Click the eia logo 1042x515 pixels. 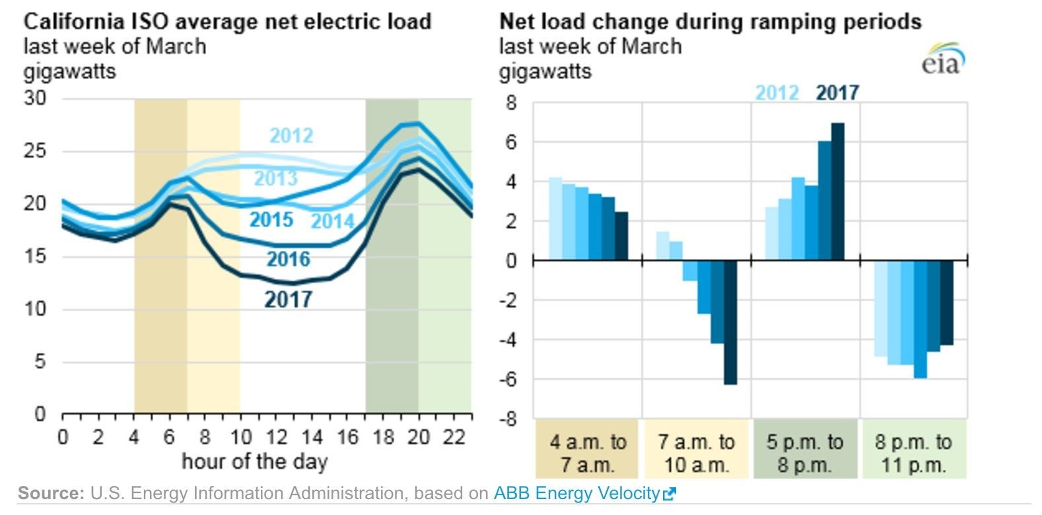pos(944,59)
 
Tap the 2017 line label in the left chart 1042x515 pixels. pos(288,300)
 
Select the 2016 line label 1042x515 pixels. pos(288,259)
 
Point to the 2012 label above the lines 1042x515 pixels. pos(291,135)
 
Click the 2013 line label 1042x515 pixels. pos(275,178)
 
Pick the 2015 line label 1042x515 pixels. pos(271,219)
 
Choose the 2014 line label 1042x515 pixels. pos(332,221)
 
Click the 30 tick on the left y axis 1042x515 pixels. pos(35,98)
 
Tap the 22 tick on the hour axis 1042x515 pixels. pos(454,437)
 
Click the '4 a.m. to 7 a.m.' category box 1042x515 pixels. pos(587,453)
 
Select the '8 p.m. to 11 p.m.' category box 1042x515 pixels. pos(913,453)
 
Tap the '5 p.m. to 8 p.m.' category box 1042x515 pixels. pos(804,453)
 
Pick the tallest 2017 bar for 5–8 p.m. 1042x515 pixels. pos(837,191)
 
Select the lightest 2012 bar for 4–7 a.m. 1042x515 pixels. pos(555,219)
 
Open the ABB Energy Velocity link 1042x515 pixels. pos(584,493)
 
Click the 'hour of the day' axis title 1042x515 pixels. pos(254,461)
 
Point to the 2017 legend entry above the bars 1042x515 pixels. pos(837,92)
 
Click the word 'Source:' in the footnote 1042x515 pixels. pos(51,493)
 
